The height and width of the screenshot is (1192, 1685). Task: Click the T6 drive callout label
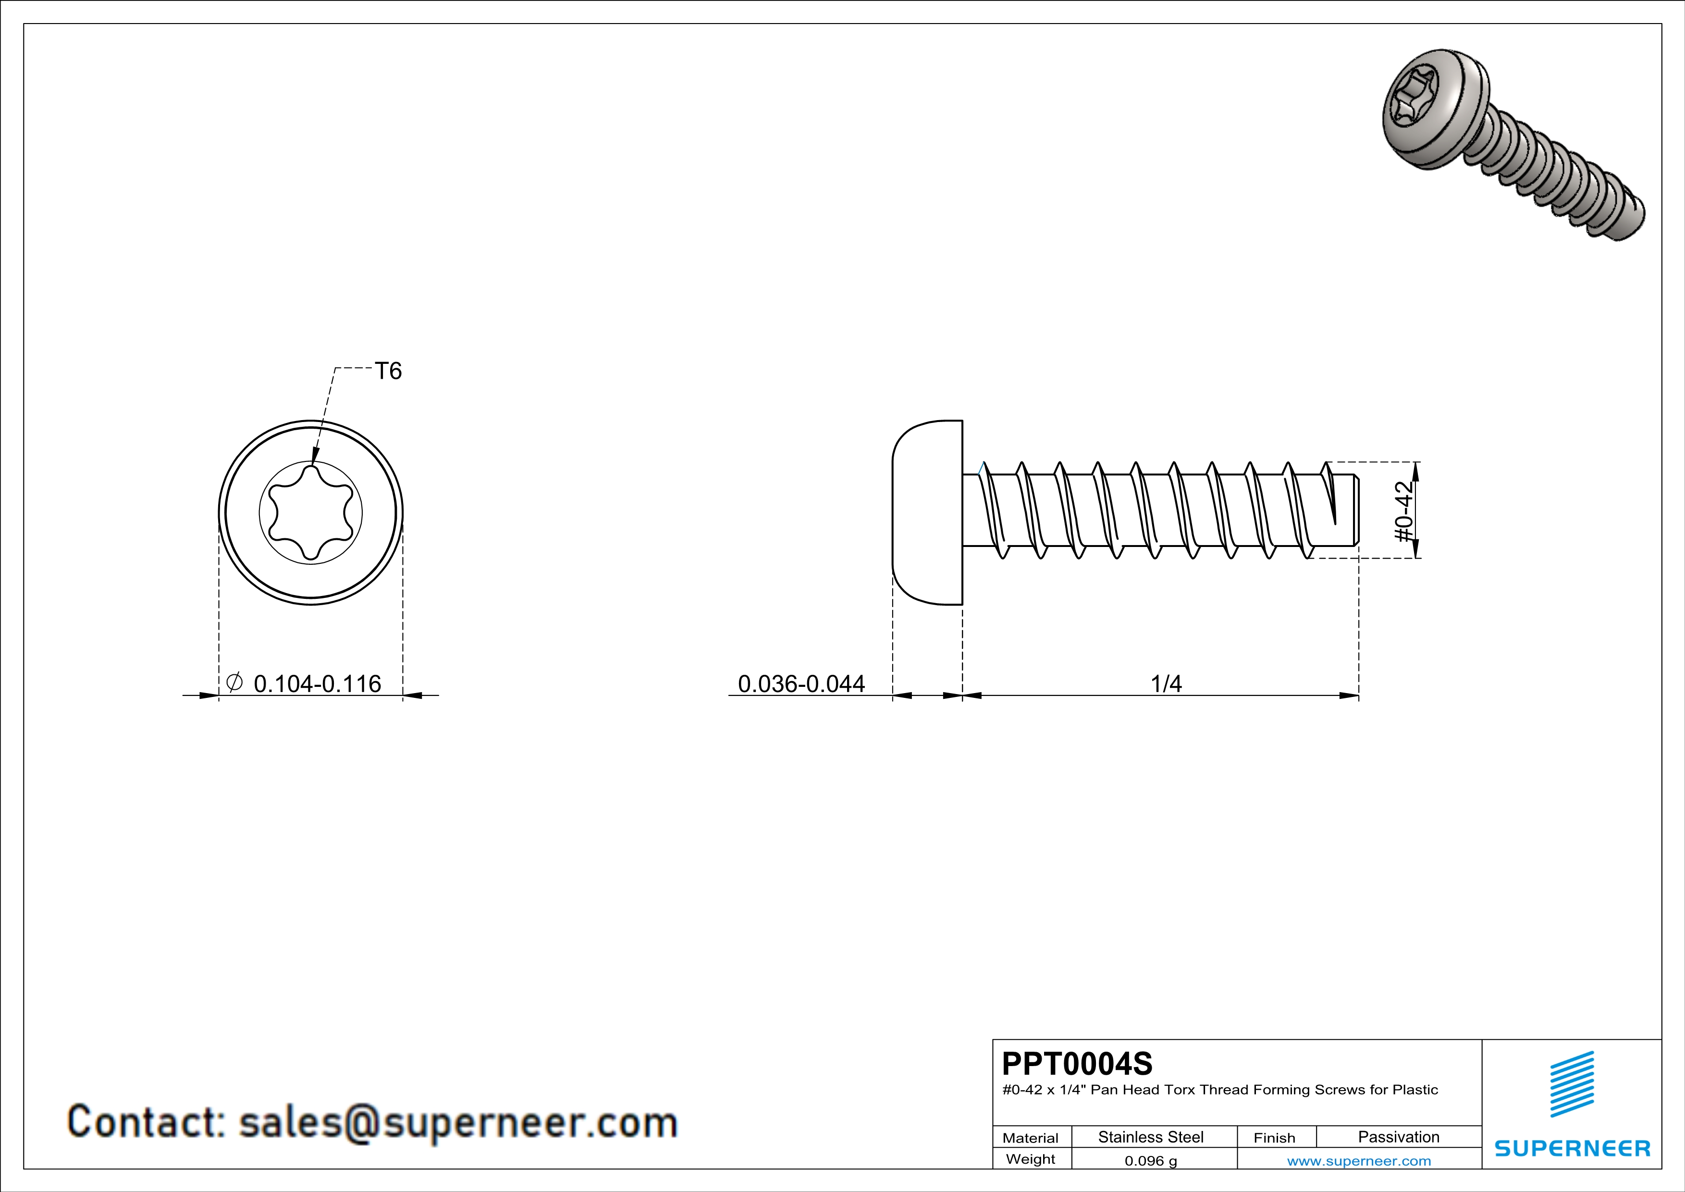pyautogui.click(x=388, y=372)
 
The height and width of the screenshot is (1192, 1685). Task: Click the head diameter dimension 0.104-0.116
pyautogui.click(x=317, y=684)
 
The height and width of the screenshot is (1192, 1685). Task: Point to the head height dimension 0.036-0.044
pyautogui.click(x=801, y=684)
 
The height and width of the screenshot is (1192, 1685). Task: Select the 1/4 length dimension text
pyautogui.click(x=1166, y=684)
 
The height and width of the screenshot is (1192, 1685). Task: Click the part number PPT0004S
pyautogui.click(x=1077, y=1064)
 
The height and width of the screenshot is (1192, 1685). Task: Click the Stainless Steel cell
pyautogui.click(x=1151, y=1137)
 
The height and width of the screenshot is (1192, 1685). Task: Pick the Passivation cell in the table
pyautogui.click(x=1399, y=1137)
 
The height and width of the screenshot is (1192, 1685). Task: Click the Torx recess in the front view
pyautogui.click(x=311, y=513)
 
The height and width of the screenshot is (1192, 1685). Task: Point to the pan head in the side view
pyautogui.click(x=927, y=512)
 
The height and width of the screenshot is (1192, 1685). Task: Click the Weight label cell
pyautogui.click(x=1031, y=1160)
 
